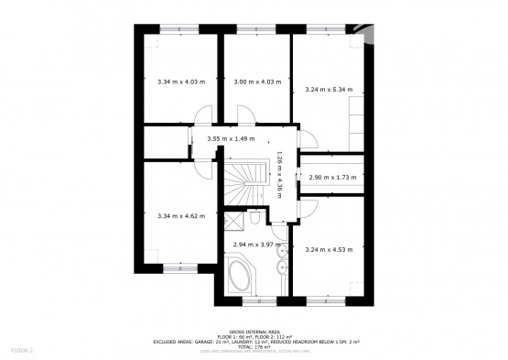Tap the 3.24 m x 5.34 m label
click(329, 90)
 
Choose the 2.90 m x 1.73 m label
click(331, 177)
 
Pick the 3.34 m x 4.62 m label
click(179, 215)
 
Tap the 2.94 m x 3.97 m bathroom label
click(255, 245)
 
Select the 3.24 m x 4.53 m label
click(329, 249)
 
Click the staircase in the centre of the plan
click(243, 182)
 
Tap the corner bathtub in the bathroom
click(243, 278)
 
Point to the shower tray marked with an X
click(233, 221)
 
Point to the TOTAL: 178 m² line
click(255, 347)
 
